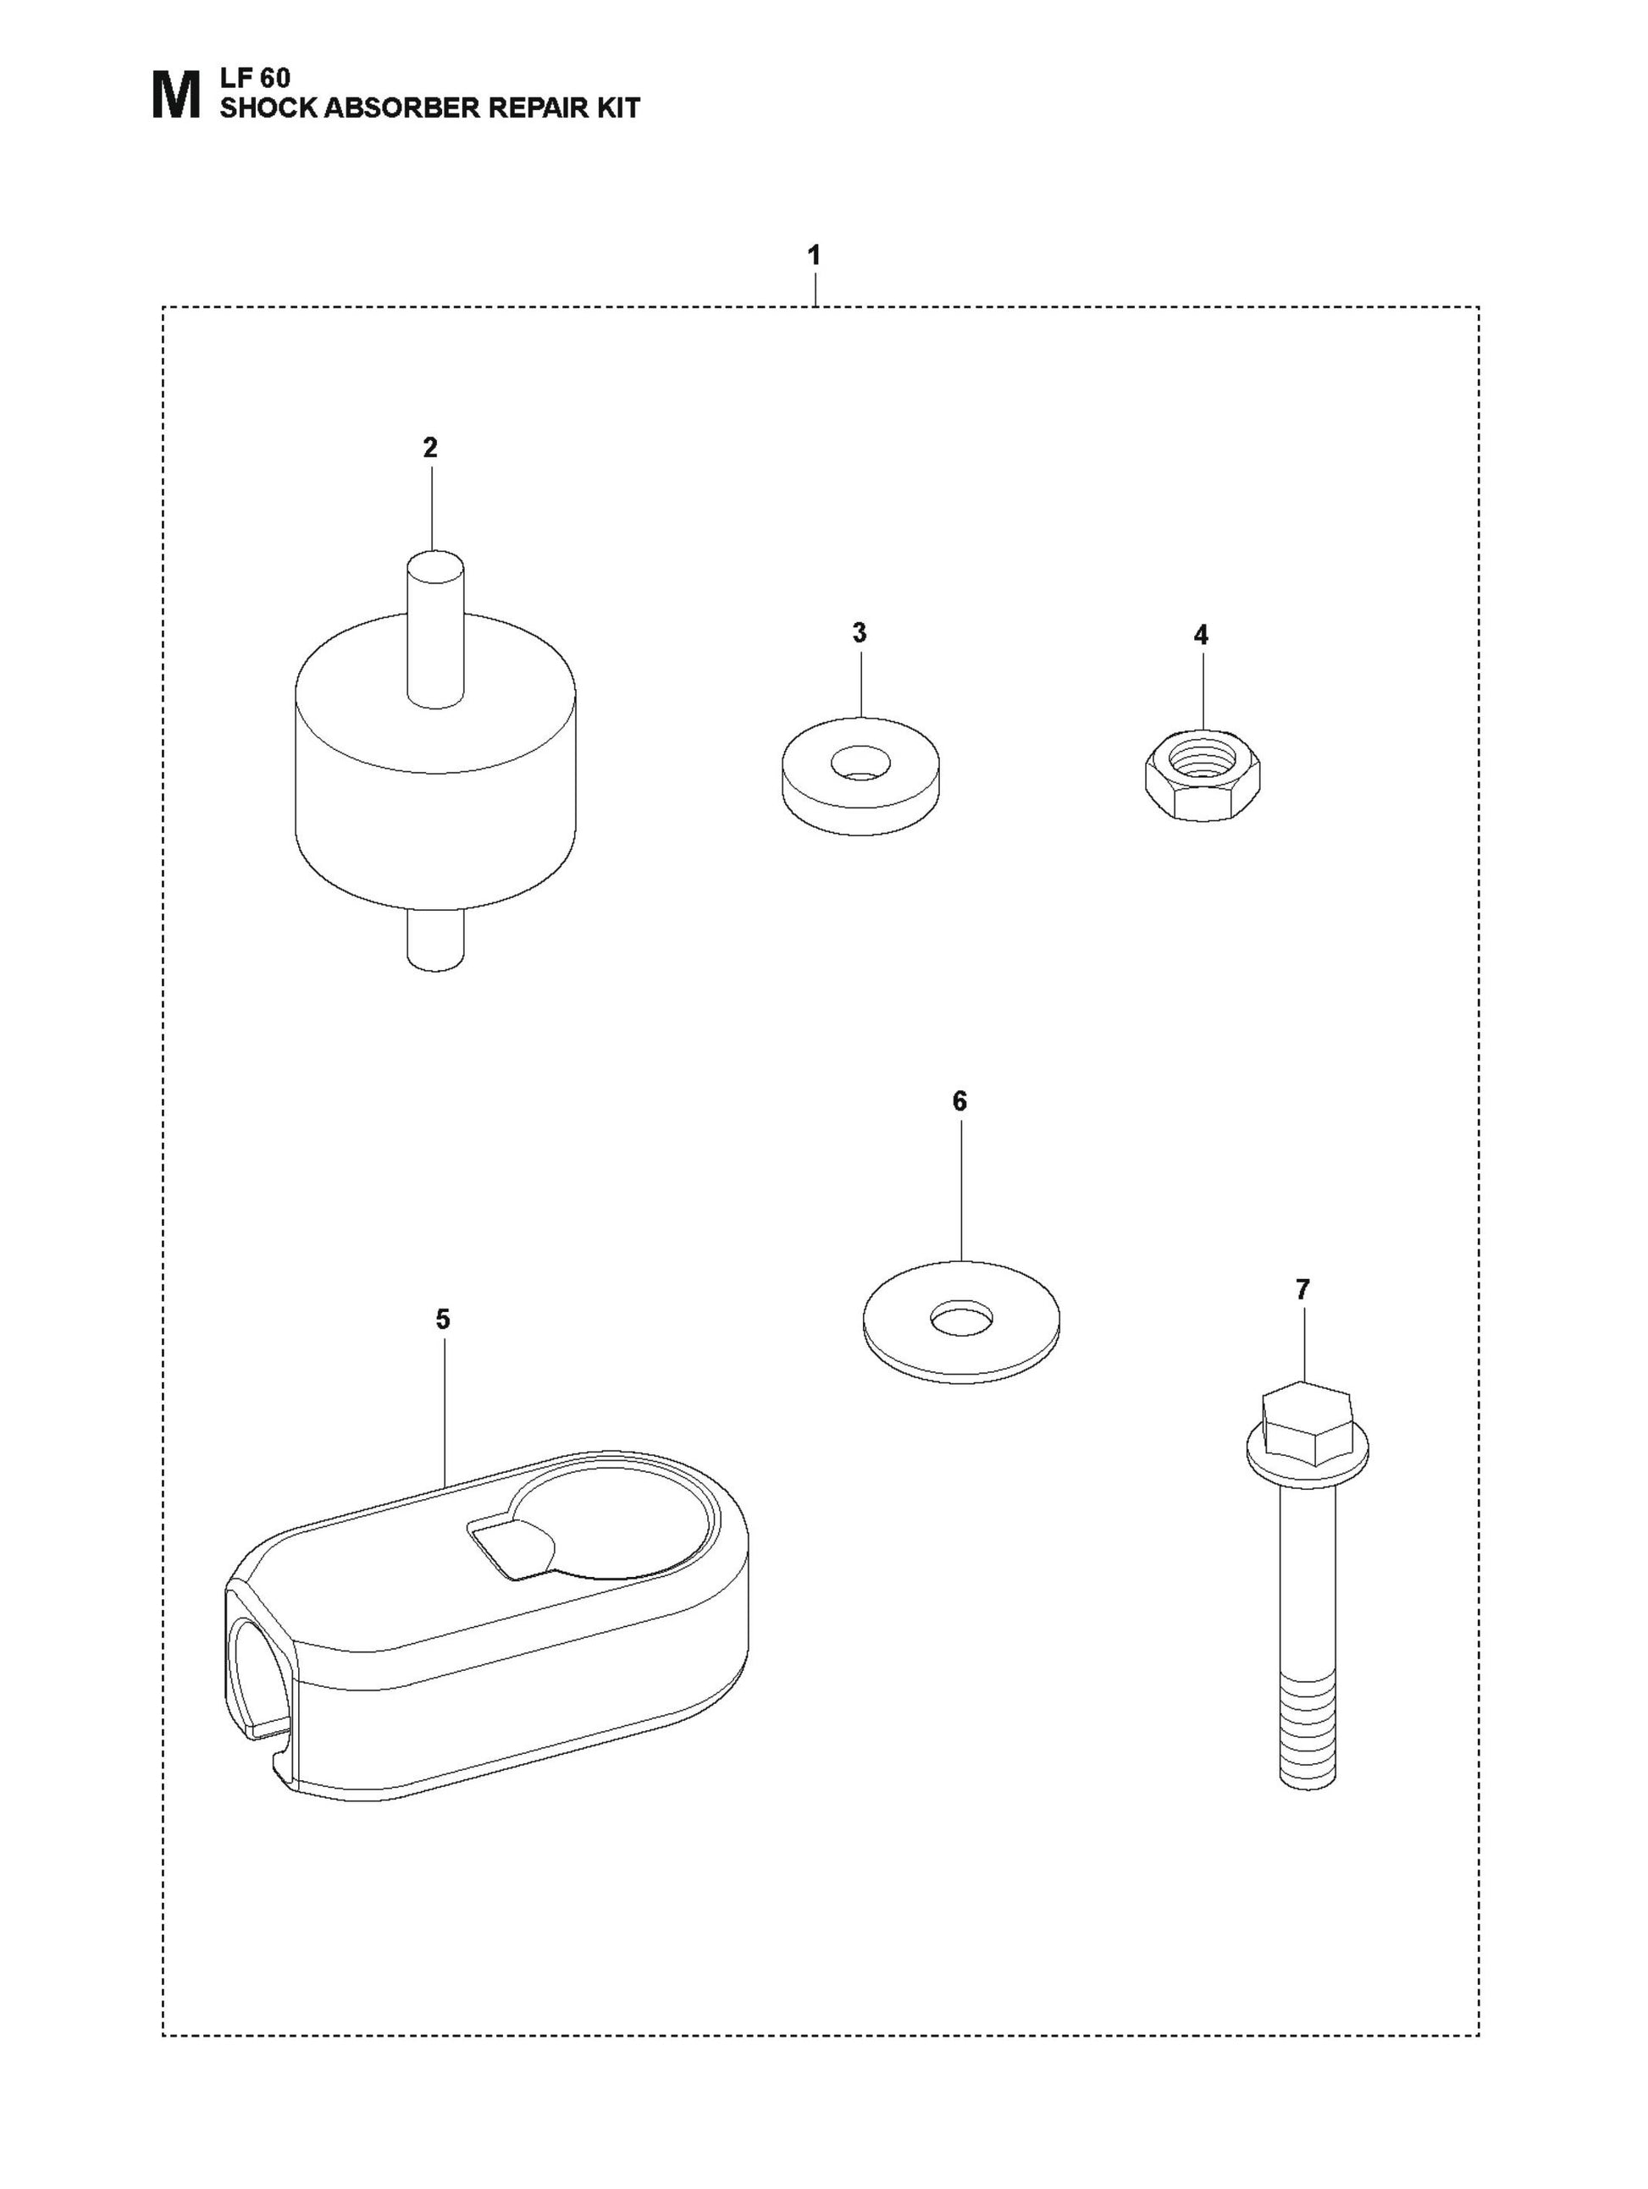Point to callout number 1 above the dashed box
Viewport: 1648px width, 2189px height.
[x=814, y=256]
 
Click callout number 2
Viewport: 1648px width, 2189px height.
[x=429, y=447]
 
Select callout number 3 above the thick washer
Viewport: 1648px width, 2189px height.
[x=859, y=633]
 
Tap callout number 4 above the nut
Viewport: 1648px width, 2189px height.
[x=1201, y=636]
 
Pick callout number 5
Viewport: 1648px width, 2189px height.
[x=442, y=1319]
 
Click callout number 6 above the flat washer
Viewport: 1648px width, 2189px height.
[x=959, y=1101]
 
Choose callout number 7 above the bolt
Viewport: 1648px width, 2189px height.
[x=1302, y=1289]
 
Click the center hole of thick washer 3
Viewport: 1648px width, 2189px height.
[x=860, y=763]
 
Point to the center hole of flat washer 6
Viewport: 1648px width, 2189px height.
[x=960, y=1318]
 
